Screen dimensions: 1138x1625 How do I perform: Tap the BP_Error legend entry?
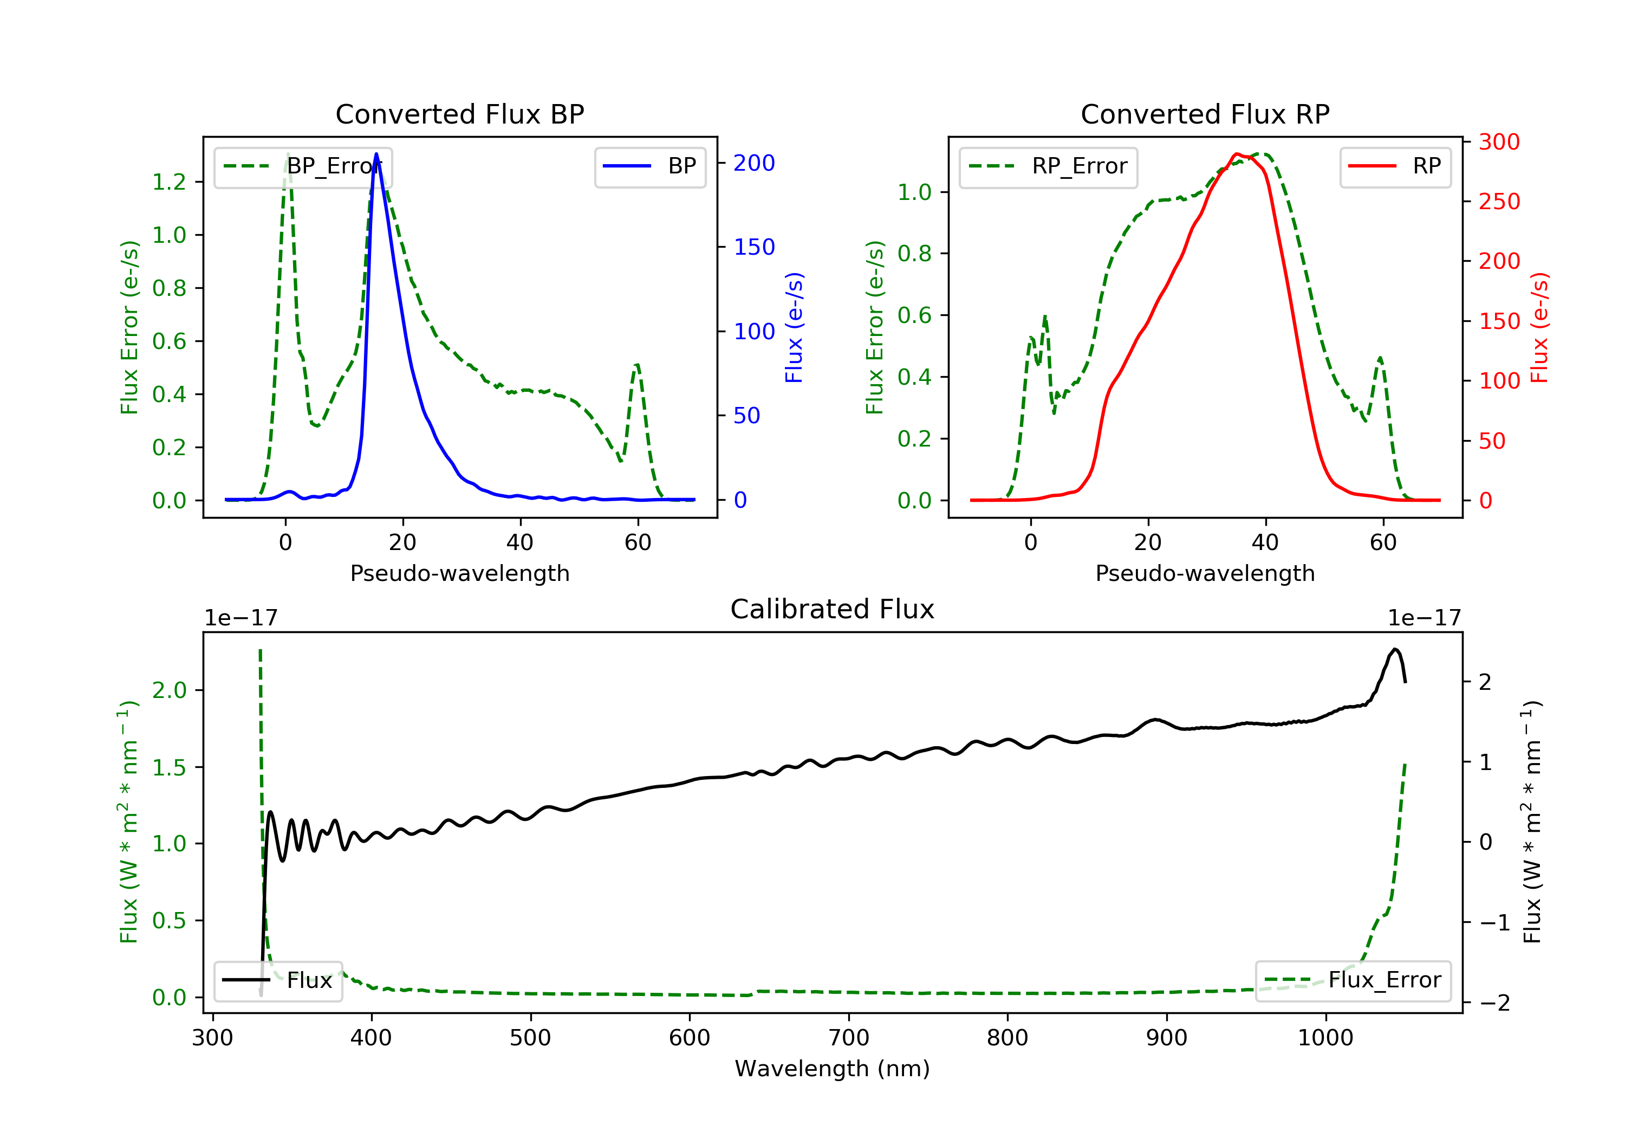(303, 166)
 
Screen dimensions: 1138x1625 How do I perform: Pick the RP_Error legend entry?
(1048, 166)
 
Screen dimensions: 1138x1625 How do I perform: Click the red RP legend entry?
(1395, 166)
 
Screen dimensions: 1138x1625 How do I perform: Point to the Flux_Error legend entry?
(1353, 980)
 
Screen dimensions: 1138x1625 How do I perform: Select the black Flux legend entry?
(278, 980)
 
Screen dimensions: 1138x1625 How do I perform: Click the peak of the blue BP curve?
(376, 154)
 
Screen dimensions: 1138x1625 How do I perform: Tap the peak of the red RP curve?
(1236, 154)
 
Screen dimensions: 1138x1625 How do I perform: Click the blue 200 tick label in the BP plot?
(754, 164)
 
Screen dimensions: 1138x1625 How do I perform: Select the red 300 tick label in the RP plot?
(1499, 143)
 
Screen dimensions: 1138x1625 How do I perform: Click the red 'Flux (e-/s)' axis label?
(1539, 327)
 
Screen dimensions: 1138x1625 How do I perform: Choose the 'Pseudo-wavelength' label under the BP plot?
(459, 573)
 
